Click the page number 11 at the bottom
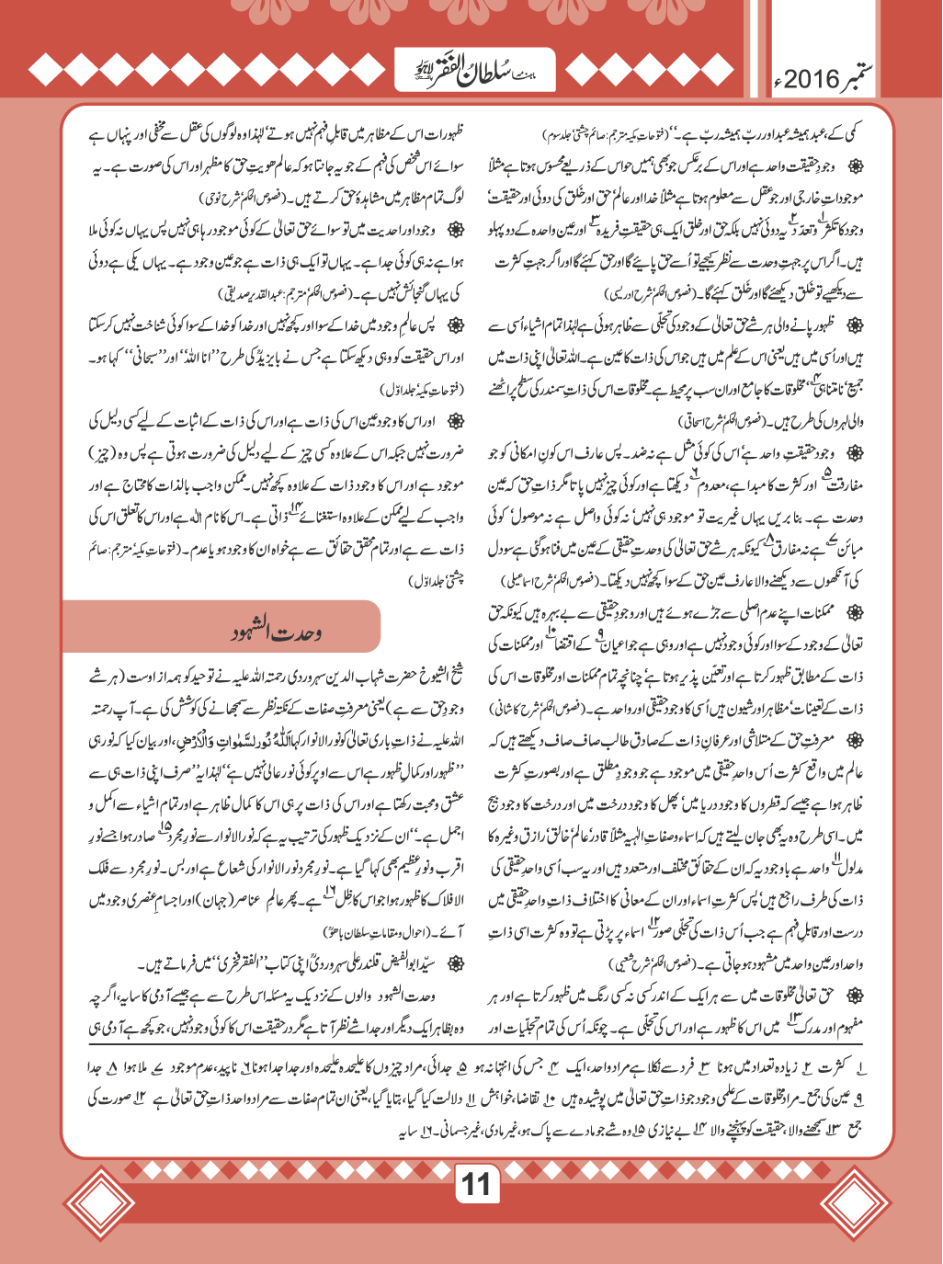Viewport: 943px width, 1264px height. click(476, 1184)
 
